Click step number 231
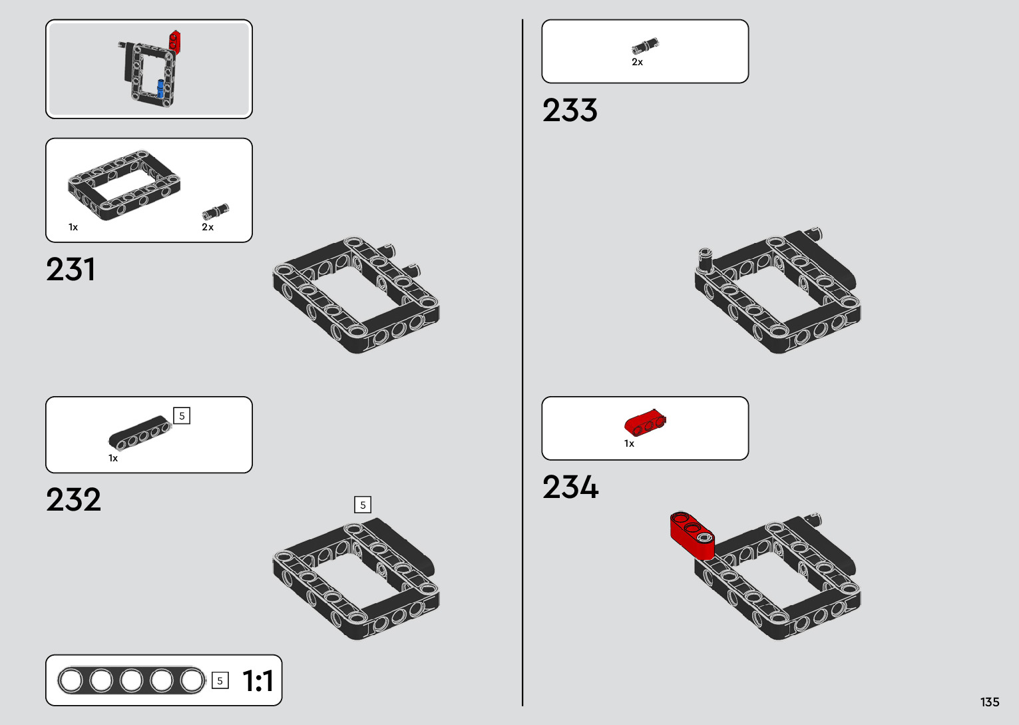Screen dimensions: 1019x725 click(x=71, y=270)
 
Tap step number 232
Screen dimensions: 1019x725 click(x=73, y=500)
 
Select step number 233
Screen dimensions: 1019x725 click(x=570, y=111)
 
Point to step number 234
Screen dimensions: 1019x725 click(x=570, y=487)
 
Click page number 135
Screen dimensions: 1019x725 click(x=989, y=702)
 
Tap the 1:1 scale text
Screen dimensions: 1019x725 click(x=258, y=681)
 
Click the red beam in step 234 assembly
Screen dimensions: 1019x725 click(x=692, y=533)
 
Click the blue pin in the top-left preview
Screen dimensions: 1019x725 click(x=160, y=88)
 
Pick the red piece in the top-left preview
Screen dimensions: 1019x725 click(x=175, y=41)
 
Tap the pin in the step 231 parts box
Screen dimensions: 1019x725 click(x=215, y=212)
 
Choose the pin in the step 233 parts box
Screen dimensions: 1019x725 click(x=644, y=46)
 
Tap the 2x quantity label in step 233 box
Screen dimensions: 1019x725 click(x=637, y=62)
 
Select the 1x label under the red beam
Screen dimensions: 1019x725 click(x=629, y=443)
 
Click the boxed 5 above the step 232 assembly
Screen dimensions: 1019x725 click(x=363, y=505)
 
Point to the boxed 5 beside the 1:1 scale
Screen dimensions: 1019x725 click(x=220, y=681)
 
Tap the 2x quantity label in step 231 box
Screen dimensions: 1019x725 click(x=208, y=227)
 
